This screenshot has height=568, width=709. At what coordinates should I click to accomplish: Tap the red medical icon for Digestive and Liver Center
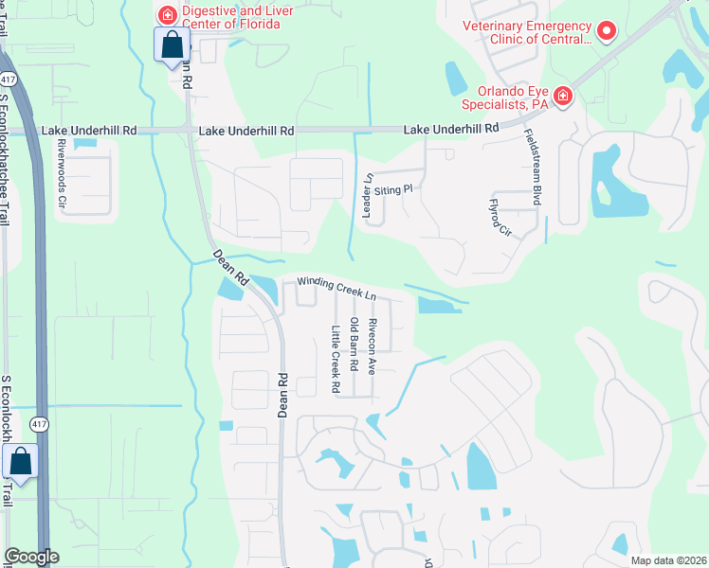(x=167, y=14)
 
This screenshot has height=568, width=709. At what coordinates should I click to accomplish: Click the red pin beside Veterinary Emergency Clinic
(x=608, y=31)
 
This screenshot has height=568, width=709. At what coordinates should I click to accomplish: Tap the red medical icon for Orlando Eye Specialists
(x=562, y=96)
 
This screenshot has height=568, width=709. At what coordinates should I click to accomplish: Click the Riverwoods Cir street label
(x=63, y=177)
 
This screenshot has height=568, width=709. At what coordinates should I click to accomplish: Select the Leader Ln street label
(x=367, y=196)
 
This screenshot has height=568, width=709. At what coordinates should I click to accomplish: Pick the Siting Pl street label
(x=395, y=189)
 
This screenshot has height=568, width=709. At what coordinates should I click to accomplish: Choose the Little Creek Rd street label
(x=335, y=359)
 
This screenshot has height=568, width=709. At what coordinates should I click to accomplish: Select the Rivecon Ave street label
(x=373, y=346)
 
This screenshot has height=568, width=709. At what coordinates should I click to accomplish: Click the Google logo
(x=31, y=557)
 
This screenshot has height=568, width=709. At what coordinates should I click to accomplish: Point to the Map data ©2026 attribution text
(x=667, y=559)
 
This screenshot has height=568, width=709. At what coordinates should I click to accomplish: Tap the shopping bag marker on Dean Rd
(x=172, y=45)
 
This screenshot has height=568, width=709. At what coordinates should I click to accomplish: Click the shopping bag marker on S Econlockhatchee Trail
(x=20, y=463)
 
